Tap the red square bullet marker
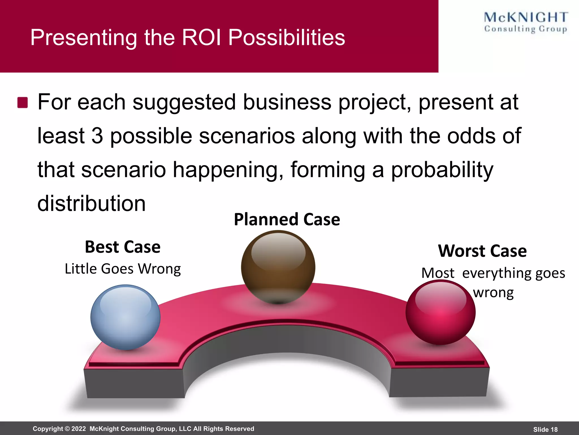23,103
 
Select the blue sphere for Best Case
125,317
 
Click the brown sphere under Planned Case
278,267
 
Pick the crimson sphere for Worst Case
440,312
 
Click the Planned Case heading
287,219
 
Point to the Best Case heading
123,247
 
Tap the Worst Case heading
482,251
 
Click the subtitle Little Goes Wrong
123,269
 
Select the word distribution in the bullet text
91,203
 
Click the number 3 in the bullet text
97,136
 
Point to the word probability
442,170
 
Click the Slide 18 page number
545,429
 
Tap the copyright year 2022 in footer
78,429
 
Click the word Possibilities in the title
286,37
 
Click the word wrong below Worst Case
493,293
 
